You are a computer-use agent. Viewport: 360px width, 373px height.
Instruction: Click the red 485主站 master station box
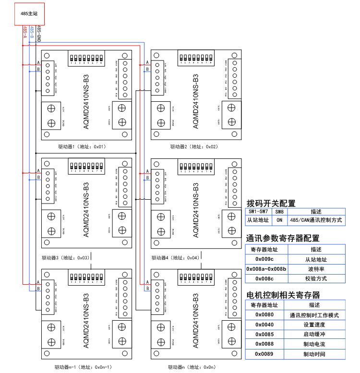(x=29, y=14)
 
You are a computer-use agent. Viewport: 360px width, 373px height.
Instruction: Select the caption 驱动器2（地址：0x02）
(x=194, y=146)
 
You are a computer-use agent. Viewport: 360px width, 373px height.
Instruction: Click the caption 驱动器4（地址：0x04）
(x=175, y=258)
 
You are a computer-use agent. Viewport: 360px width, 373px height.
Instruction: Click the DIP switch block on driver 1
(x=86, y=59)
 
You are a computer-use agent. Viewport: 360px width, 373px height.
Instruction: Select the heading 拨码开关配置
(x=271, y=204)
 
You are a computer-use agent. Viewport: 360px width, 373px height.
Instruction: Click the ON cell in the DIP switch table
(x=279, y=220)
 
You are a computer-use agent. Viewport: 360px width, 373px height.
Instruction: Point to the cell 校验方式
(x=315, y=278)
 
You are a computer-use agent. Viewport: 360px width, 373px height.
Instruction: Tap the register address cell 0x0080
(x=264, y=315)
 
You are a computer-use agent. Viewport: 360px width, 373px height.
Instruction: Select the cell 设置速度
(x=314, y=325)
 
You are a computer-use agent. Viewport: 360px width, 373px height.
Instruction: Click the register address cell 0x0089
(x=264, y=354)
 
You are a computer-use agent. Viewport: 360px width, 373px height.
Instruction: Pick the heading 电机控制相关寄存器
(x=283, y=295)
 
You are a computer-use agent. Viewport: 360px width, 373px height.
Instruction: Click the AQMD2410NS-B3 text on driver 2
(x=196, y=101)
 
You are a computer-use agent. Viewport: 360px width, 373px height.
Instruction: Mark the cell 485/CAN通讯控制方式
(x=315, y=220)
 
